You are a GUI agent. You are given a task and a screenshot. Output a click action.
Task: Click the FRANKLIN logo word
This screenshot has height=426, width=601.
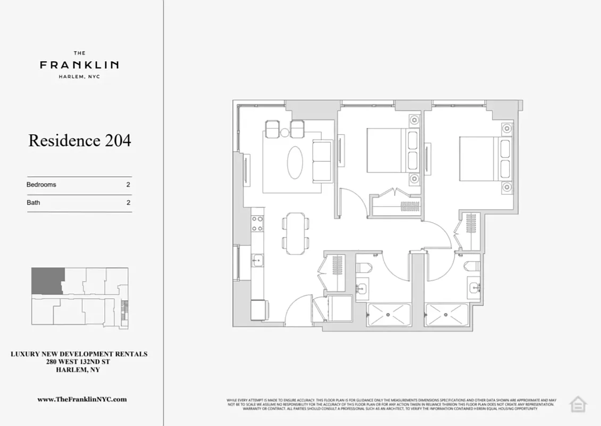[x=79, y=65]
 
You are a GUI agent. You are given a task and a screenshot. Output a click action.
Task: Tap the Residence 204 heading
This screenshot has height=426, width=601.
[x=79, y=141]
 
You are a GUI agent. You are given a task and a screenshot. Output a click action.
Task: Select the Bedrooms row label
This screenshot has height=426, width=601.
[x=41, y=185]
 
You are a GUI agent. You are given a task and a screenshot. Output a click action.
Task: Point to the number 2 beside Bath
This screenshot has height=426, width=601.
[x=128, y=202]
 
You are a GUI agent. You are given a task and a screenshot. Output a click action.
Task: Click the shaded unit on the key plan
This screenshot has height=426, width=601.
[x=47, y=280]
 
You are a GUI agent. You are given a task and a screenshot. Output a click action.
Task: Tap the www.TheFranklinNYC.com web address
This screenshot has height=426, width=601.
[x=82, y=399]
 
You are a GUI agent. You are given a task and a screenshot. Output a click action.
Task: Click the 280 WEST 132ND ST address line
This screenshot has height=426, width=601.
[x=79, y=362]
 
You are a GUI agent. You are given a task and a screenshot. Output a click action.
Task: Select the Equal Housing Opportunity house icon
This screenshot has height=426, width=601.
[x=578, y=404]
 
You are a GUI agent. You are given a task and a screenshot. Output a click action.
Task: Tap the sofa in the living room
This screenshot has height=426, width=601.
[x=321, y=161]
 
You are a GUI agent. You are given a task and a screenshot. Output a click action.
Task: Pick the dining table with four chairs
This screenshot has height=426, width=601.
[x=295, y=232]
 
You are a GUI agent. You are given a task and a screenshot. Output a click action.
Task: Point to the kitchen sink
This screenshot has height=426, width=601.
[x=257, y=261]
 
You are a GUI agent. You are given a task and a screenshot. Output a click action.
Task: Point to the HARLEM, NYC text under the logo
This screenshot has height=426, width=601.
[x=79, y=77]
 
